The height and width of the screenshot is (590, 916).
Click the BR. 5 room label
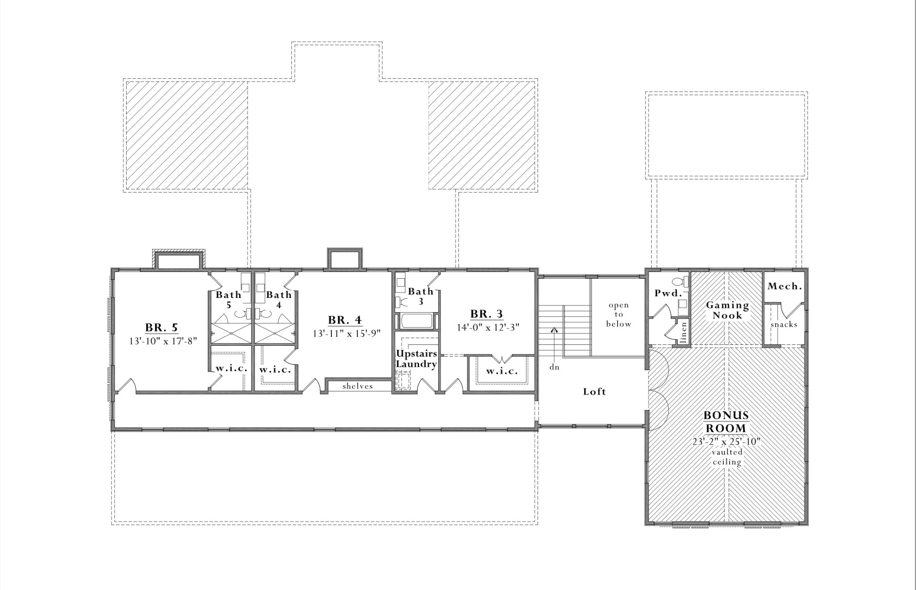click(x=161, y=327)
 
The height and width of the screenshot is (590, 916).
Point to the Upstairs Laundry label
click(x=416, y=359)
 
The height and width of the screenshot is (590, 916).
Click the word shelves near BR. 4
click(x=357, y=386)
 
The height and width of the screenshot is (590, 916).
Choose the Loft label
click(x=594, y=392)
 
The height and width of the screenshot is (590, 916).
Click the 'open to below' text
click(x=619, y=314)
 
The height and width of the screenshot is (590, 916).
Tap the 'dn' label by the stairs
click(x=555, y=367)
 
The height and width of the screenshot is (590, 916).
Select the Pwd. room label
click(x=668, y=293)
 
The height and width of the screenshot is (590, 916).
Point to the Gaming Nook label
click(x=727, y=310)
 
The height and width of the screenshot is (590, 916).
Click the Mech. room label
click(x=785, y=286)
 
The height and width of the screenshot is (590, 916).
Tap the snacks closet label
click(x=784, y=325)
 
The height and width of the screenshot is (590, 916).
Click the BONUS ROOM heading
click(x=726, y=422)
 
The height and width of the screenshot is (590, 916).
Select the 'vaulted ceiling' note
click(x=727, y=457)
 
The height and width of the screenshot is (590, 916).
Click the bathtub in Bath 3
click(x=416, y=321)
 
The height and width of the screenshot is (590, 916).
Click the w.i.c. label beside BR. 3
click(x=502, y=371)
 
